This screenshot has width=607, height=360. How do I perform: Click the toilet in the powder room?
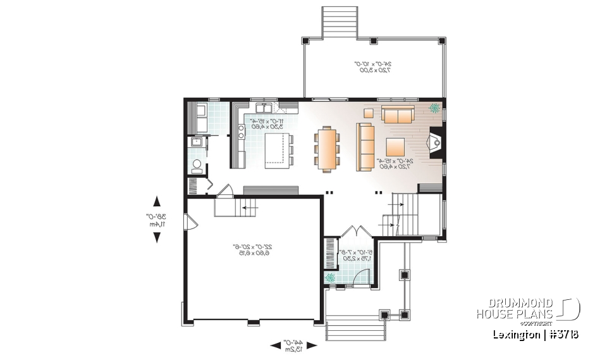pyautogui.click(x=197, y=166)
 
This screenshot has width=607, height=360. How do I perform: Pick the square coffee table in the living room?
pyautogui.click(x=396, y=147)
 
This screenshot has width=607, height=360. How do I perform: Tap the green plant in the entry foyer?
pyautogui.click(x=329, y=278)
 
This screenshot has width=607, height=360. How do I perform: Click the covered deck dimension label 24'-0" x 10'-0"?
pyautogui.click(x=372, y=66)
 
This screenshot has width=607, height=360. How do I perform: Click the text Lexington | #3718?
pyautogui.click(x=536, y=334)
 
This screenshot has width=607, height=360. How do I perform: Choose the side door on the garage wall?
pyautogui.click(x=188, y=222)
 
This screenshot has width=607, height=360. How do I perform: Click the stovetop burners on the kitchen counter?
pyautogui.click(x=242, y=132)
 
